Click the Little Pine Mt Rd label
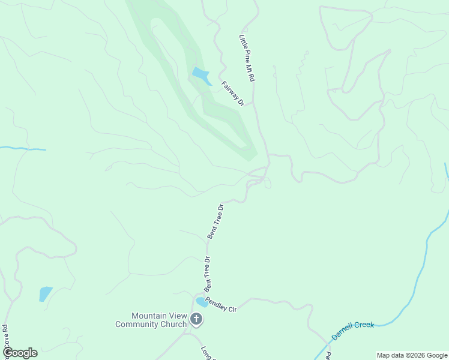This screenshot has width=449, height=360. (x=247, y=58)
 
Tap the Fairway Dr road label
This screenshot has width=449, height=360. (x=233, y=94)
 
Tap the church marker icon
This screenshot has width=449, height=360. (x=196, y=320)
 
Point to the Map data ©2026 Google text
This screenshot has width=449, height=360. (x=412, y=355)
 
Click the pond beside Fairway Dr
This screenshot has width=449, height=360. (x=200, y=76)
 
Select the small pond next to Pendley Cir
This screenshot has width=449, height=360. (x=202, y=302)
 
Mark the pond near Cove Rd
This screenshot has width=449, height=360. (x=45, y=294)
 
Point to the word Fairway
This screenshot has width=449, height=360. (x=229, y=90)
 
